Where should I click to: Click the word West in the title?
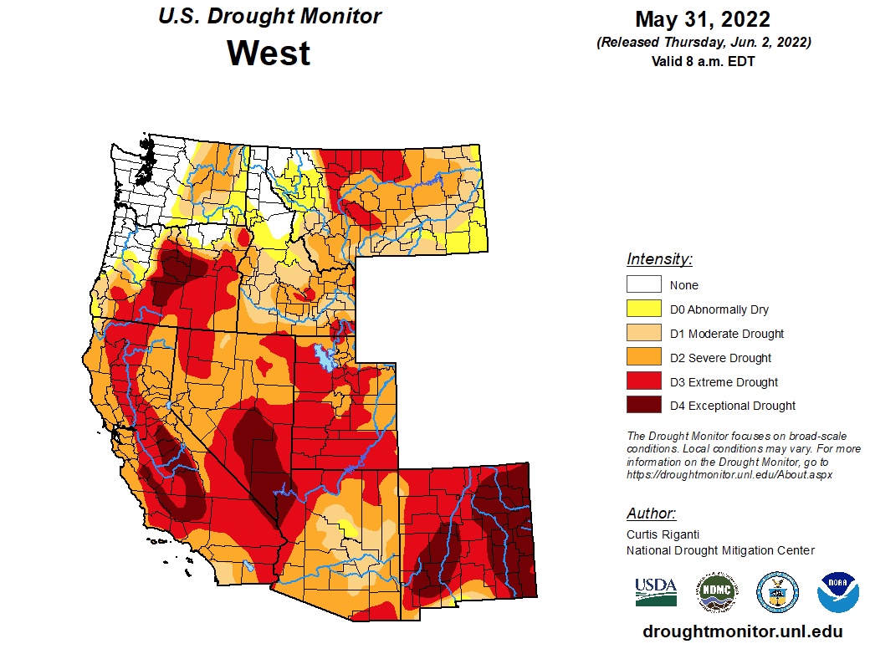269,53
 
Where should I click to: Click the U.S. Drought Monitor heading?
269,16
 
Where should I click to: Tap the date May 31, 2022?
703,19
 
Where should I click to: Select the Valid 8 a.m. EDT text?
703,61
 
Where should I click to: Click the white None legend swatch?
643,284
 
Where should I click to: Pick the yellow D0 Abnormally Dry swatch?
643,309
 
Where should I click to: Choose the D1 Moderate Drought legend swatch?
643,333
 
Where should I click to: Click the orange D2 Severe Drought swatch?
643,357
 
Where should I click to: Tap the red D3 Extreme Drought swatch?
643,381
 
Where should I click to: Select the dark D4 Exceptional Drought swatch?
643,406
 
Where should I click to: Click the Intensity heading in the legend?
659,259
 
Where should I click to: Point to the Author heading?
651,514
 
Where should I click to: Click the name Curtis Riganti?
663,534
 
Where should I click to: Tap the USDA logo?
655,591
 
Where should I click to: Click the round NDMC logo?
718,591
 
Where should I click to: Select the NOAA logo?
838,591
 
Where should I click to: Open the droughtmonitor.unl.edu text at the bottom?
742,632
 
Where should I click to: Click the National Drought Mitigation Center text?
720,549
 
